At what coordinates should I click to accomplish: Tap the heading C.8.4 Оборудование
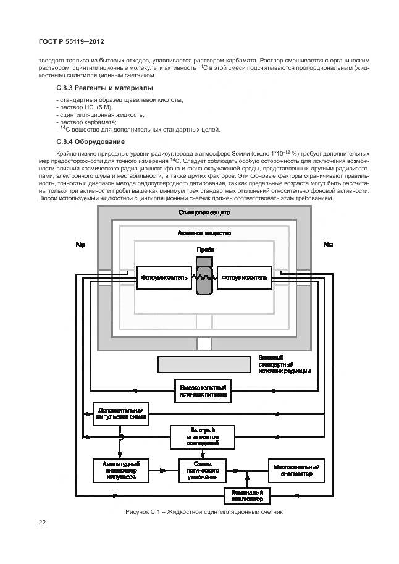(90, 141)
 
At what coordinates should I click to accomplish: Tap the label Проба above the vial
(205, 249)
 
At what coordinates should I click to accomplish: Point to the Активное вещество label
(204, 234)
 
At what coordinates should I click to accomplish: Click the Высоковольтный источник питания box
(203, 390)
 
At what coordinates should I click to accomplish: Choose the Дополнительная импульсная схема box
(120, 413)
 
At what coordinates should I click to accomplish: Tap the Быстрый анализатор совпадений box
(203, 437)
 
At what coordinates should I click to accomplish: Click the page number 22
(43, 523)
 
